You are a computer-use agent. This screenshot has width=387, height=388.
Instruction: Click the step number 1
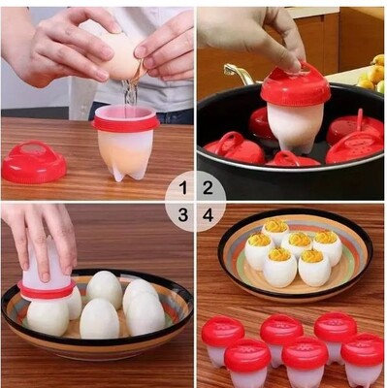(184, 188)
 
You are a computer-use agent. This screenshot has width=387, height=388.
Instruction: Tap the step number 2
(208, 188)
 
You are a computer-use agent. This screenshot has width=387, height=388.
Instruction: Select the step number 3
(183, 215)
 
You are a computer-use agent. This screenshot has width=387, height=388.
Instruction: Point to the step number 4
(209, 215)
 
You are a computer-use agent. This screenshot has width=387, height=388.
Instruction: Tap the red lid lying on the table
(34, 162)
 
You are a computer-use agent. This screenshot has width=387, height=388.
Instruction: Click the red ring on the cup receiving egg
(125, 123)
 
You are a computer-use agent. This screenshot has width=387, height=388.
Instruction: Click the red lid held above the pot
(295, 85)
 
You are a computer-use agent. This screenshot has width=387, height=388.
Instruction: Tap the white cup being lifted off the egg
(47, 269)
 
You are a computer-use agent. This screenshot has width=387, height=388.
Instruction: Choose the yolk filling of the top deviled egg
(275, 226)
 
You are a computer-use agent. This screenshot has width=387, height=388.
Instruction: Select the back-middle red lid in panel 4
(281, 329)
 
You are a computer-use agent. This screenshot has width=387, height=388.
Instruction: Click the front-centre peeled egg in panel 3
(100, 318)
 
